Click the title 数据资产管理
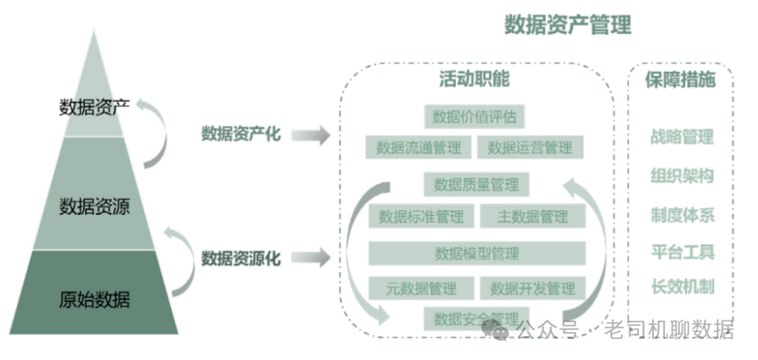click(567, 25)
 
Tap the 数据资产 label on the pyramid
click(95, 109)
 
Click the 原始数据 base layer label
click(95, 300)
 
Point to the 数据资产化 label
click(241, 134)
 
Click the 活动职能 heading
click(474, 80)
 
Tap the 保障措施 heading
click(681, 80)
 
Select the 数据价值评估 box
click(474, 116)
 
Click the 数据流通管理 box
click(418, 147)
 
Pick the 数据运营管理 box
click(530, 147)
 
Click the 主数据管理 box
click(533, 215)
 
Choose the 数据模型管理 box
click(477, 253)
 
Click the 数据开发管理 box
click(533, 288)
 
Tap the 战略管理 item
click(682, 138)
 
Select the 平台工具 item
click(682, 252)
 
